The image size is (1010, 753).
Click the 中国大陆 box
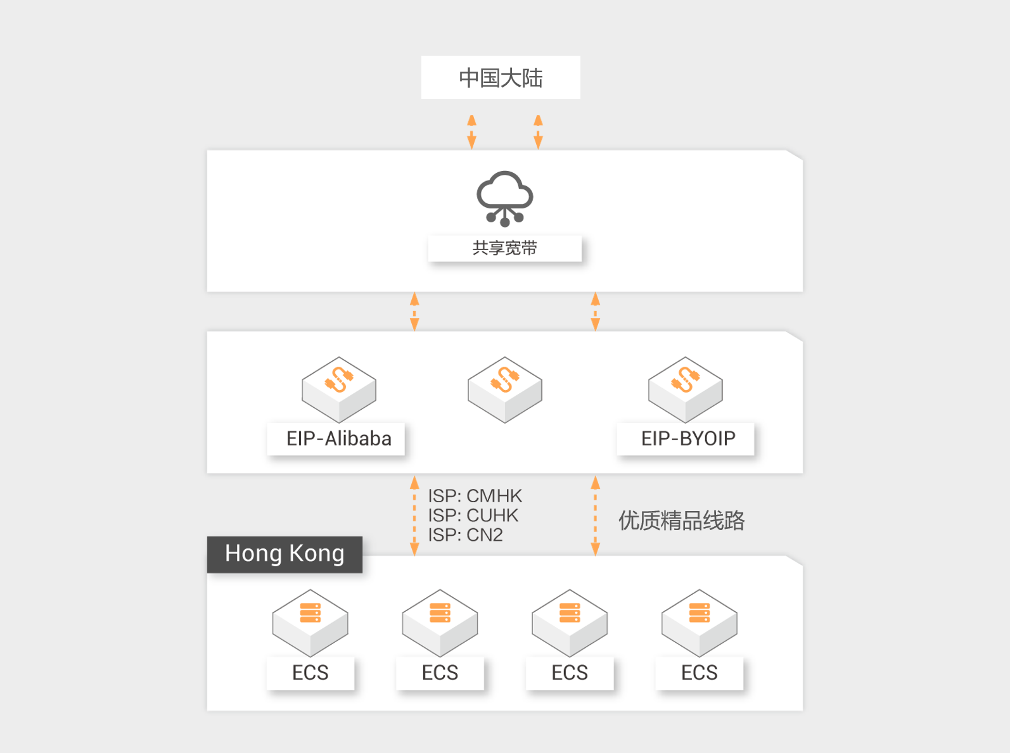[501, 77]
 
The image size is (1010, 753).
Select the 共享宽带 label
[504, 248]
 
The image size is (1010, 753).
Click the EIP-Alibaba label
[338, 438]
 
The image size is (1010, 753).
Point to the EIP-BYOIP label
[687, 438]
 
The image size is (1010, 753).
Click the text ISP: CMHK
[475, 495]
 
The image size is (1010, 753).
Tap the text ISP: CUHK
[473, 515]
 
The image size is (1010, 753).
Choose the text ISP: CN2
[465, 535]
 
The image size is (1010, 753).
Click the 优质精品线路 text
[681, 521]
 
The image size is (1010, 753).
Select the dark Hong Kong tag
[284, 554]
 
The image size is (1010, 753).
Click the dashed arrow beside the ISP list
[414, 516]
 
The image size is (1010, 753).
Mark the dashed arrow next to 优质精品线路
[595, 516]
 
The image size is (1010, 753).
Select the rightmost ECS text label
[699, 673]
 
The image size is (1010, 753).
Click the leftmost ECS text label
[310, 673]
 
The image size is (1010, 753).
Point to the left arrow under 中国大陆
[471, 132]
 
